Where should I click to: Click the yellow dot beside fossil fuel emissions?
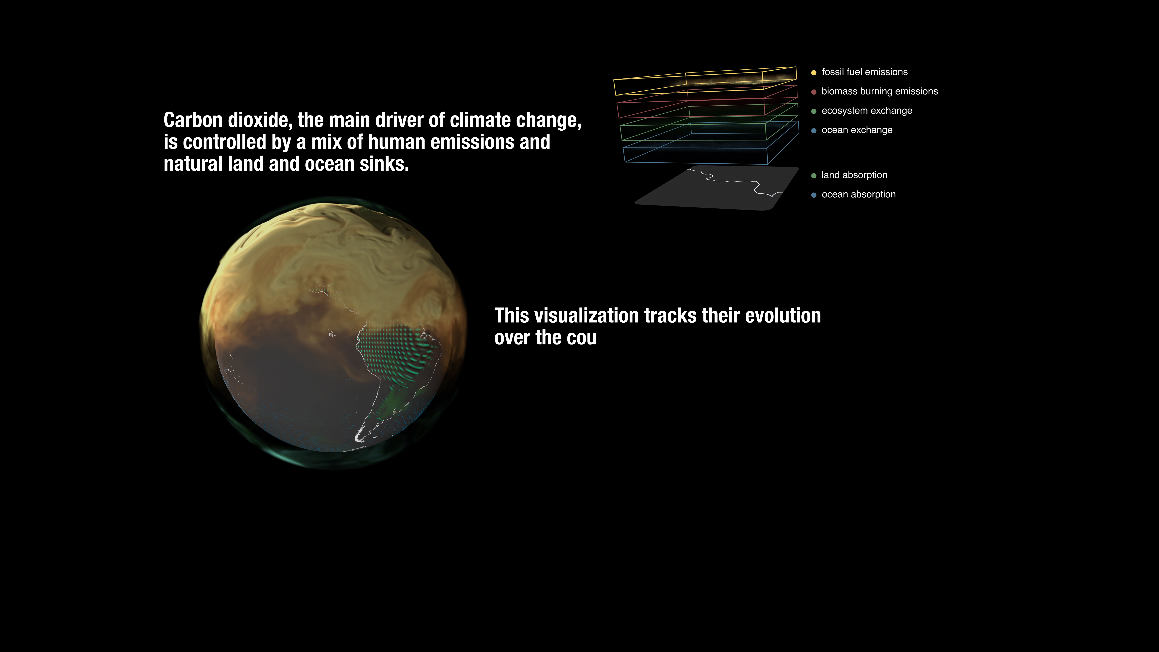(x=814, y=72)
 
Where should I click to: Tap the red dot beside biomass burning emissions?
(x=814, y=92)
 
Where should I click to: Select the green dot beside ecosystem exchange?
(x=814, y=111)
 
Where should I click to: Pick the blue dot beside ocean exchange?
(x=814, y=130)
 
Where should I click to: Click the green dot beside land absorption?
(x=814, y=175)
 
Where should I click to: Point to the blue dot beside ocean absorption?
(x=814, y=195)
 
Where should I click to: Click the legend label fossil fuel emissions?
(x=864, y=72)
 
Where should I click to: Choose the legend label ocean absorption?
(x=858, y=194)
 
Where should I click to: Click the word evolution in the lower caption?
(x=783, y=315)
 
